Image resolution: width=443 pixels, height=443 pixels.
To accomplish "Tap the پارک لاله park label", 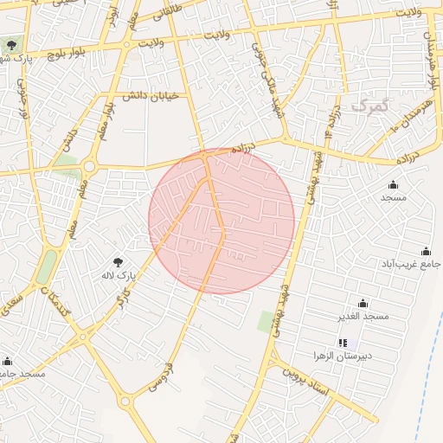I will coord(119,276).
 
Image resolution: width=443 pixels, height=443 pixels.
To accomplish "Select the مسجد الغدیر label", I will coord(364,316).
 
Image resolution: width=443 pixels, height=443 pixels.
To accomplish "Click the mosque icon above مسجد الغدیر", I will coord(363,303).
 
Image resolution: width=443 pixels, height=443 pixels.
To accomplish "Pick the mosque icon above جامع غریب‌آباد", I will coord(425,250).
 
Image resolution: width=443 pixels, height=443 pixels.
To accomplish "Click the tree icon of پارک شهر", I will coord(11,45).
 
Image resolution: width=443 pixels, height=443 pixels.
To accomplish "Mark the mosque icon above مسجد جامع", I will coord(8,361).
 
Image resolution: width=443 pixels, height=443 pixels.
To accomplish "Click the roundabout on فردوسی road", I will coord(126,401).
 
